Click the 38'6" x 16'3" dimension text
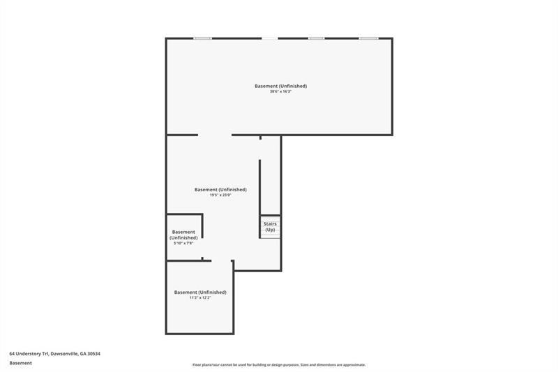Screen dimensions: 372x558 click(280, 91)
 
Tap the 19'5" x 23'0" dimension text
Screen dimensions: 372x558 click(220, 195)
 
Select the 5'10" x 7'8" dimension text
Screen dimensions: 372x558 click(183, 243)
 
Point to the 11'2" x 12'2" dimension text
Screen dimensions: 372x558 click(199, 297)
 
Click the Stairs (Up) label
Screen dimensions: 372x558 click(270, 227)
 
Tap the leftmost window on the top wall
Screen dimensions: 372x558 click(203, 38)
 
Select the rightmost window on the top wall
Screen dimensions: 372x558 click(368, 38)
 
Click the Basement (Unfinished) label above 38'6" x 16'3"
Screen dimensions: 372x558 click(280, 86)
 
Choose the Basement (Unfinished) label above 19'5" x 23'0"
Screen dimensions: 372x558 click(220, 189)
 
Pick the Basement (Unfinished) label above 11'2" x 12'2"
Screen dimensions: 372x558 click(199, 292)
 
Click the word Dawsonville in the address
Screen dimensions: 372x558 click(63, 354)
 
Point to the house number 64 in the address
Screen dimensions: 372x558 click(12, 354)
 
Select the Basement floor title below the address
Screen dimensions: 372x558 click(20, 363)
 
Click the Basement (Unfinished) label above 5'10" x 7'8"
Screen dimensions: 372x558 click(183, 235)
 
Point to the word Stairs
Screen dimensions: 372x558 click(270, 224)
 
